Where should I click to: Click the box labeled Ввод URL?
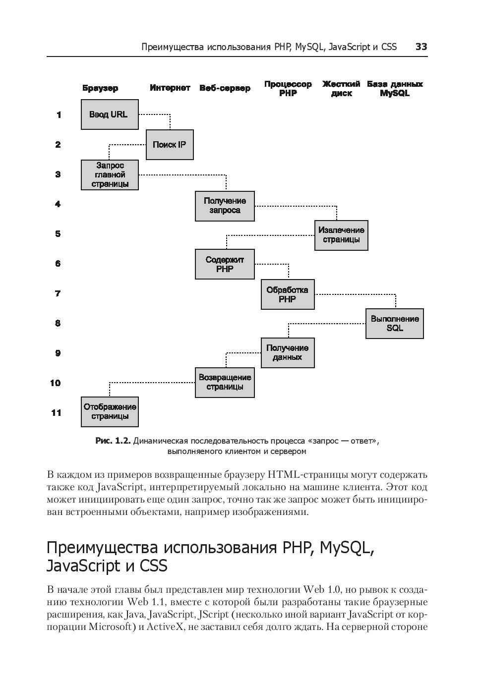[x=110, y=114]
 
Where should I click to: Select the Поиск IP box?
[x=170, y=145]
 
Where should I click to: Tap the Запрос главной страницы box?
[x=110, y=174]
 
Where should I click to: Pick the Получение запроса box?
[x=225, y=206]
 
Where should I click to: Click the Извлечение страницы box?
[x=341, y=235]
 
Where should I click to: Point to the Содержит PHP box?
[x=225, y=264]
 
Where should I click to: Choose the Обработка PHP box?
[x=288, y=294]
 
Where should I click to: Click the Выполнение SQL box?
[x=395, y=324]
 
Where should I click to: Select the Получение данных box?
[x=288, y=352]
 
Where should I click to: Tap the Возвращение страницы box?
[x=225, y=382]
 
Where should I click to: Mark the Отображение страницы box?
[x=110, y=411]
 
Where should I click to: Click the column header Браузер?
[x=100, y=88]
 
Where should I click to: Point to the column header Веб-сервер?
[x=225, y=88]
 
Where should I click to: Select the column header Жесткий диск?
[x=341, y=88]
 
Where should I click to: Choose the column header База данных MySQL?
[x=395, y=88]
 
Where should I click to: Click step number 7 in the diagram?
[x=58, y=293]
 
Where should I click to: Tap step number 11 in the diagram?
[x=57, y=412]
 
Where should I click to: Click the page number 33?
[x=421, y=47]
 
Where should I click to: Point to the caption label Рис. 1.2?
[x=113, y=441]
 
